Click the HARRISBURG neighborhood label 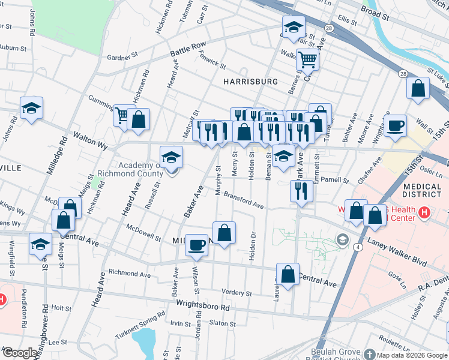point(250,81)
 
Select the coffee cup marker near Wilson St point(196,245)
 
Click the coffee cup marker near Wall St point(395,126)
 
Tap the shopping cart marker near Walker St point(307,60)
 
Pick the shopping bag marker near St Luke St point(418,88)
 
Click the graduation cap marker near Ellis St point(294,27)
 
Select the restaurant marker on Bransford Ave point(301,190)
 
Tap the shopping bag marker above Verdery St point(288,274)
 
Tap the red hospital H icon point(424,212)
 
